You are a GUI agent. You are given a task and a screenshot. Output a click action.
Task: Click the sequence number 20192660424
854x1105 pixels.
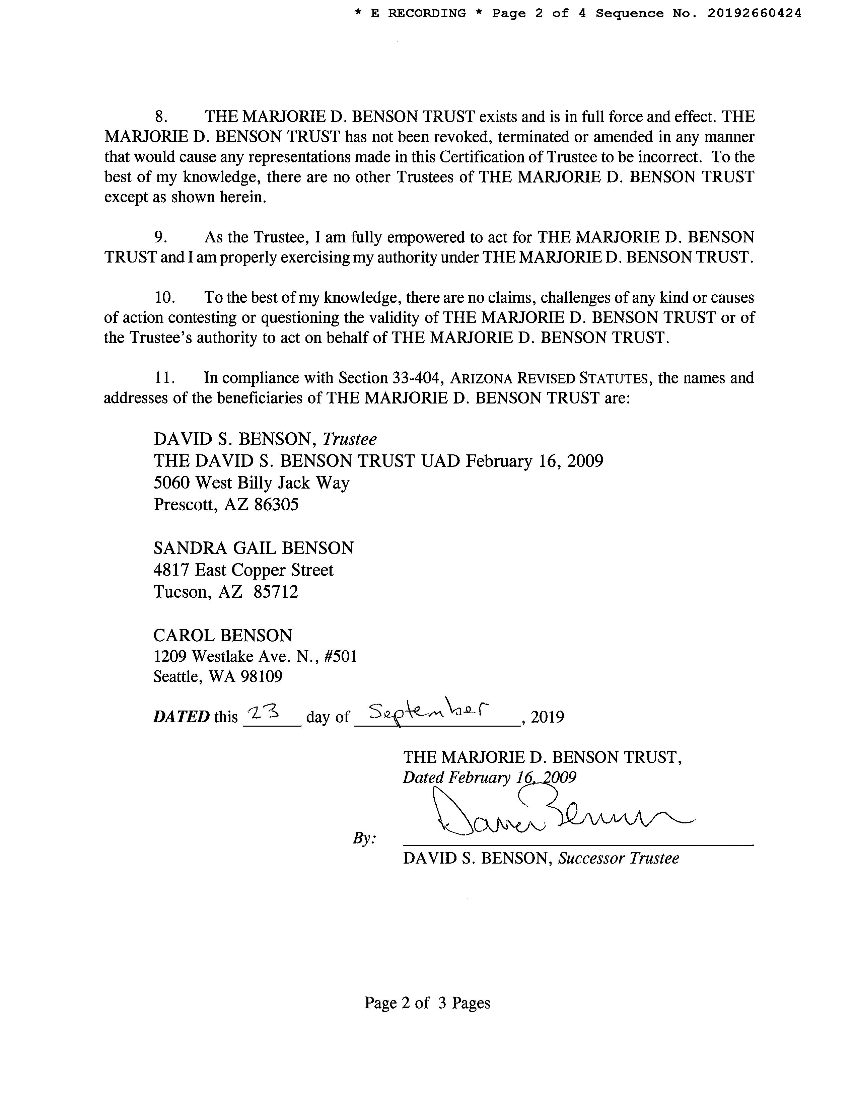point(754,14)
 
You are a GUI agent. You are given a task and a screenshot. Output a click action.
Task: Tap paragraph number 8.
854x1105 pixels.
point(161,117)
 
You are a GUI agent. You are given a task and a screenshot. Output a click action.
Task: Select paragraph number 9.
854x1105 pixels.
point(161,237)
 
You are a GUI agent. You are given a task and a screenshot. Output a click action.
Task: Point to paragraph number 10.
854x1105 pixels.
point(165,297)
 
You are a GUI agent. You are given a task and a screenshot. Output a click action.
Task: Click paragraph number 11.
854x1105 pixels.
point(165,378)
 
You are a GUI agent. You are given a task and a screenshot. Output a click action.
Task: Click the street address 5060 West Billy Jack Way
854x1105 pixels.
point(252,483)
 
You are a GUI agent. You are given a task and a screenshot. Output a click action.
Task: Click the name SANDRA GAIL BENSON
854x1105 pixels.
point(254,548)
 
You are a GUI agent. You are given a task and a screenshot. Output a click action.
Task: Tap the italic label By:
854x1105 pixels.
point(364,838)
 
